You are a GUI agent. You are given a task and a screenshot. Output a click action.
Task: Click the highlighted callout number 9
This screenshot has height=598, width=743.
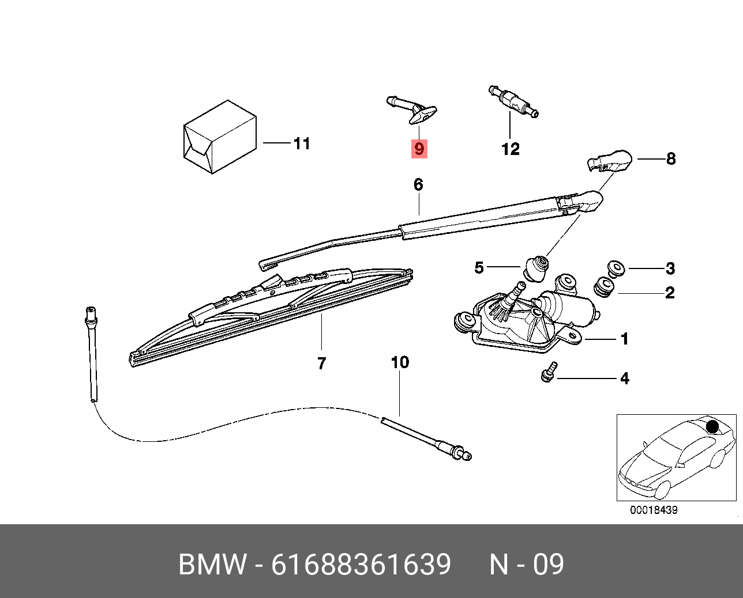click(x=419, y=149)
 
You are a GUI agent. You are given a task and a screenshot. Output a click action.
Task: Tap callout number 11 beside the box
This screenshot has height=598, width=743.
click(x=302, y=143)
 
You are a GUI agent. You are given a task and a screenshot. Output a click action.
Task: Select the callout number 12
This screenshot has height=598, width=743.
click(x=511, y=149)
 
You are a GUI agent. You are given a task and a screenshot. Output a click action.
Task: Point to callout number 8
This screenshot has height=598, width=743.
click(x=670, y=158)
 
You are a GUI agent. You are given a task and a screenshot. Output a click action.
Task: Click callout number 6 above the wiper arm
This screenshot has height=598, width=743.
click(x=418, y=184)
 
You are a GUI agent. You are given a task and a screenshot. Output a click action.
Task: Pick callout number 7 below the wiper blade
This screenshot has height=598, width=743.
click(x=321, y=363)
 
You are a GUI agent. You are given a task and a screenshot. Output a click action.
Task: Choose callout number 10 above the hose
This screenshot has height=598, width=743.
click(x=400, y=362)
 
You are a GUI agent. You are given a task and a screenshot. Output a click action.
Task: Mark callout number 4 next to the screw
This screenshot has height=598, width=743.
click(x=624, y=379)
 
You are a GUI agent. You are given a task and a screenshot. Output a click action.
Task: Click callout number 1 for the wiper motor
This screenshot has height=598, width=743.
click(x=624, y=339)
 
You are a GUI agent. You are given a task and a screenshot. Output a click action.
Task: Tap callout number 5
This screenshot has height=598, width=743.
click(x=479, y=267)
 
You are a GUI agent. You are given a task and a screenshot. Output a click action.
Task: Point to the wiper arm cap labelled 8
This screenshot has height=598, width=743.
click(x=610, y=160)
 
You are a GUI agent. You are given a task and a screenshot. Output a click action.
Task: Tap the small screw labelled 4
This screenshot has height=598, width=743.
click(x=549, y=372)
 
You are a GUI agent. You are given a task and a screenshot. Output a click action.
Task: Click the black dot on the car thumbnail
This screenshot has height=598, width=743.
click(x=712, y=426)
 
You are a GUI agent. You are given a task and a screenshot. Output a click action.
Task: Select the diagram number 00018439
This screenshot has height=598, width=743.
click(x=653, y=510)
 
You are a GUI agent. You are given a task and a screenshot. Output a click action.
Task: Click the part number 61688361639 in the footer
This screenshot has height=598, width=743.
click(x=361, y=564)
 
